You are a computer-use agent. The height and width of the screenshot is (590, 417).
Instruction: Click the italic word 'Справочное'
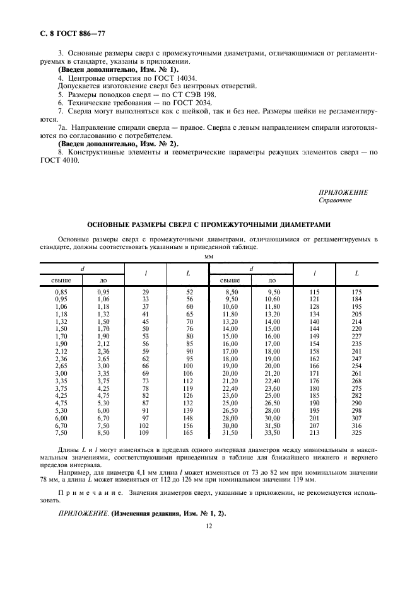coord(336,200)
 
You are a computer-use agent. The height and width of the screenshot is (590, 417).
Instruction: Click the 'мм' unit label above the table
coord(208,257)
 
